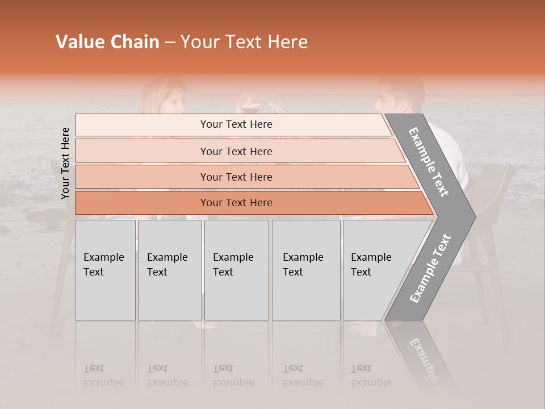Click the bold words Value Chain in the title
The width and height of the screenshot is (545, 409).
pos(107,42)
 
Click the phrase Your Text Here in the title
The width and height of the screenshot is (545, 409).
pos(244,42)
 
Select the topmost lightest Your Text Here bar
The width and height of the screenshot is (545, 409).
pos(236,124)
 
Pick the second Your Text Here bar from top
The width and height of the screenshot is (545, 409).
pos(236,151)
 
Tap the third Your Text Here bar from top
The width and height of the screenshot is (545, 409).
pos(236,177)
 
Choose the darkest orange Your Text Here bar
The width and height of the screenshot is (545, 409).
pos(236,203)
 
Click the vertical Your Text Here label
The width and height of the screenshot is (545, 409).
pos(65,163)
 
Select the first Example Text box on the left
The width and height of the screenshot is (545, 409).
pos(105,270)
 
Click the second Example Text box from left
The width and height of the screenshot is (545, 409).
pos(169,270)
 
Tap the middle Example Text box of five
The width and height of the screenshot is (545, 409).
pos(236,270)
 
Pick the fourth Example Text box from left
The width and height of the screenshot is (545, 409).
pos(305,270)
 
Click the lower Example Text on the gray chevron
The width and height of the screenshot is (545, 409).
pos(430,269)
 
